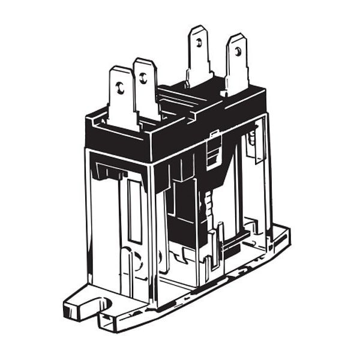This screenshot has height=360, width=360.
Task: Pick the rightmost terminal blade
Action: coord(237,63)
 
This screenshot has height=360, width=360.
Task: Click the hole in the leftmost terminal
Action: coord(120,89)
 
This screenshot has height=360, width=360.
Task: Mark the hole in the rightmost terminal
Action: coord(238,52)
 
